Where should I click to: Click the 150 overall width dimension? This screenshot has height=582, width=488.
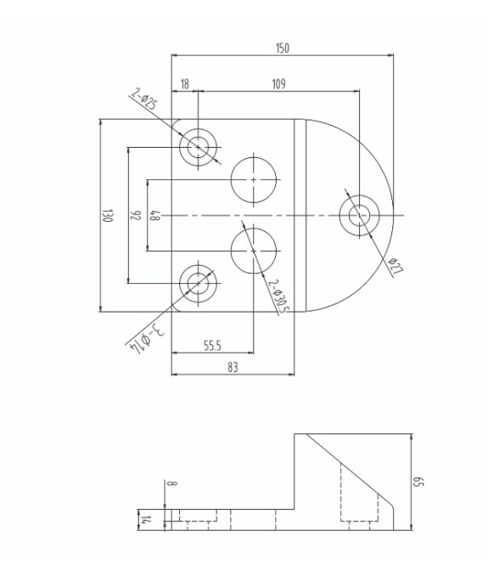pyautogui.click(x=282, y=48)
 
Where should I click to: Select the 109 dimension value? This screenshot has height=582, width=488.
pyautogui.click(x=278, y=83)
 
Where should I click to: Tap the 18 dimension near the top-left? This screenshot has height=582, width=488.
pyautogui.click(x=184, y=83)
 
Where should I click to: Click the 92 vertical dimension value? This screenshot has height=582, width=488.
pyautogui.click(x=135, y=216)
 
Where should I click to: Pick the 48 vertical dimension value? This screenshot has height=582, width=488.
pyautogui.click(x=154, y=216)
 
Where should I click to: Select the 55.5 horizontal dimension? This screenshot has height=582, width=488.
pyautogui.click(x=212, y=345)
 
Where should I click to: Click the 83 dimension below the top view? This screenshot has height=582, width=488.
pyautogui.click(x=233, y=367)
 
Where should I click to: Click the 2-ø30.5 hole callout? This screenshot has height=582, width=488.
pyautogui.click(x=278, y=297)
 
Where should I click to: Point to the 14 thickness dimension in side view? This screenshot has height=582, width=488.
pyautogui.click(x=145, y=520)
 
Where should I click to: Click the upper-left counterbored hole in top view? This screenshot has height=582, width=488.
pyautogui.click(x=199, y=147)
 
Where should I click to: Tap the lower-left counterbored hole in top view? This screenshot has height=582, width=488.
pyautogui.click(x=199, y=283)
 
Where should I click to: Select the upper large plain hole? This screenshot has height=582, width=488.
pyautogui.click(x=254, y=179)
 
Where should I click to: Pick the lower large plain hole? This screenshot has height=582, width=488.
pyautogui.click(x=254, y=251)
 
